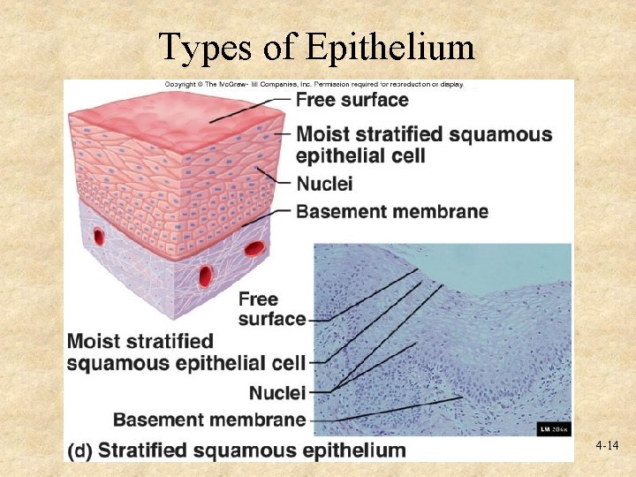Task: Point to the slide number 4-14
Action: point(607,447)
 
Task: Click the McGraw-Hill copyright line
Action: point(314,84)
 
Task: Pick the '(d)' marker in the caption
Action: point(80,450)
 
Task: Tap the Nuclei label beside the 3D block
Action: point(324,185)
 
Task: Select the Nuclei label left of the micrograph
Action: point(277,392)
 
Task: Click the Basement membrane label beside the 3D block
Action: point(392,211)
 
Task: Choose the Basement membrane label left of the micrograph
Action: point(209,420)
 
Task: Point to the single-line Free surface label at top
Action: point(352,100)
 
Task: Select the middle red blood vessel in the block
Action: point(205,274)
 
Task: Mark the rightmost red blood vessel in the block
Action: point(254,248)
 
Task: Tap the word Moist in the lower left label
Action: point(94,341)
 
